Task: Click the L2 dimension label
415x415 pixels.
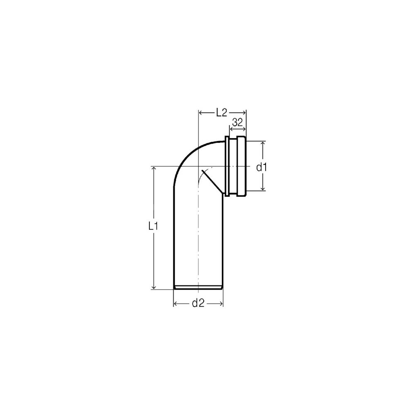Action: point(222,113)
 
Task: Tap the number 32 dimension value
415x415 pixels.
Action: point(237,122)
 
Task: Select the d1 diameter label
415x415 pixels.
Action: point(262,167)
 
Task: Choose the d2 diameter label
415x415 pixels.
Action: point(198,303)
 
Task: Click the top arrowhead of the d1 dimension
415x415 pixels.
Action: point(263,144)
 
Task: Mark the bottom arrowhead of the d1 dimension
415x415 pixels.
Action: point(263,188)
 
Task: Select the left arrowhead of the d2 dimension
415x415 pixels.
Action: point(176,304)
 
